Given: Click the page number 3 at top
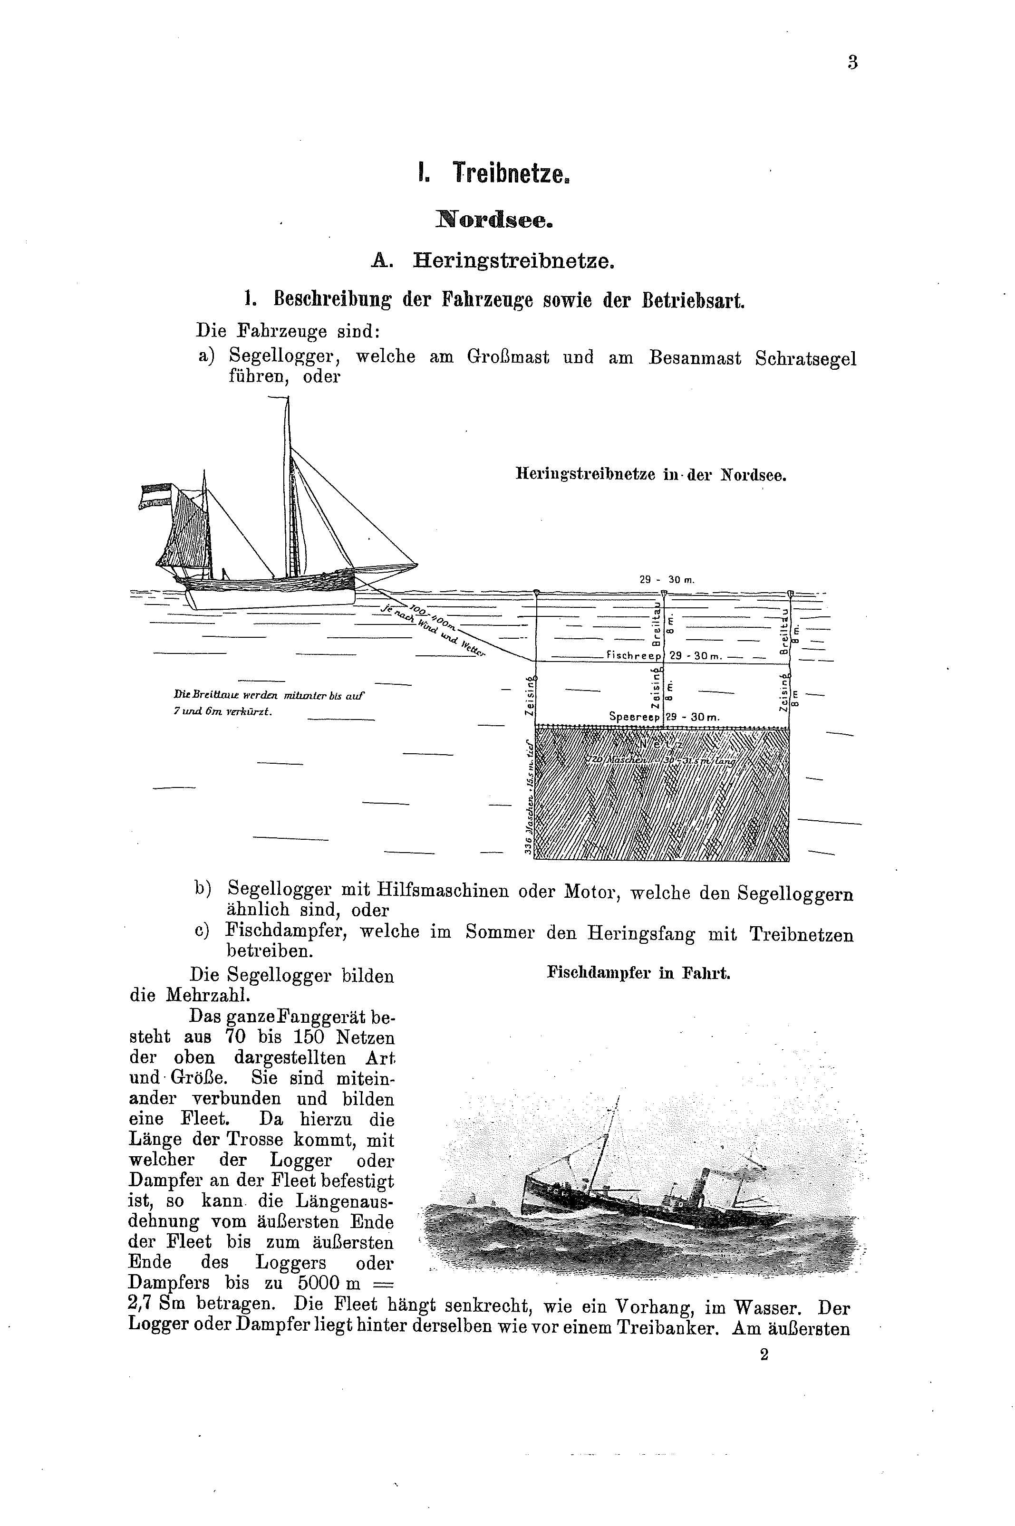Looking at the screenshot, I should [x=852, y=63].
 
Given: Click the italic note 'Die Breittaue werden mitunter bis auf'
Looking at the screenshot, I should [x=269, y=696].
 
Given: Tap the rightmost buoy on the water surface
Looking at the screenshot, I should [x=791, y=593].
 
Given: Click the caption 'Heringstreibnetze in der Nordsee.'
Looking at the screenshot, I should [x=650, y=474].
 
